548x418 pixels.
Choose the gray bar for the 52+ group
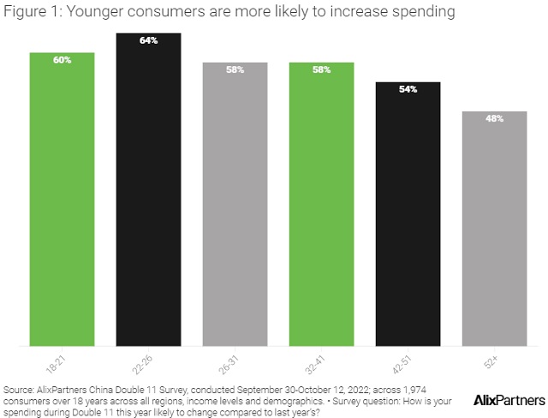[494, 231]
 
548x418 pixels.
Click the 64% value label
[148, 40]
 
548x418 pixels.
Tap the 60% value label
[62, 60]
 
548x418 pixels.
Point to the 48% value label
[494, 118]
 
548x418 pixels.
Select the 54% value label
[408, 89]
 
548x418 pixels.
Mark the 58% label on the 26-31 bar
[235, 69]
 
